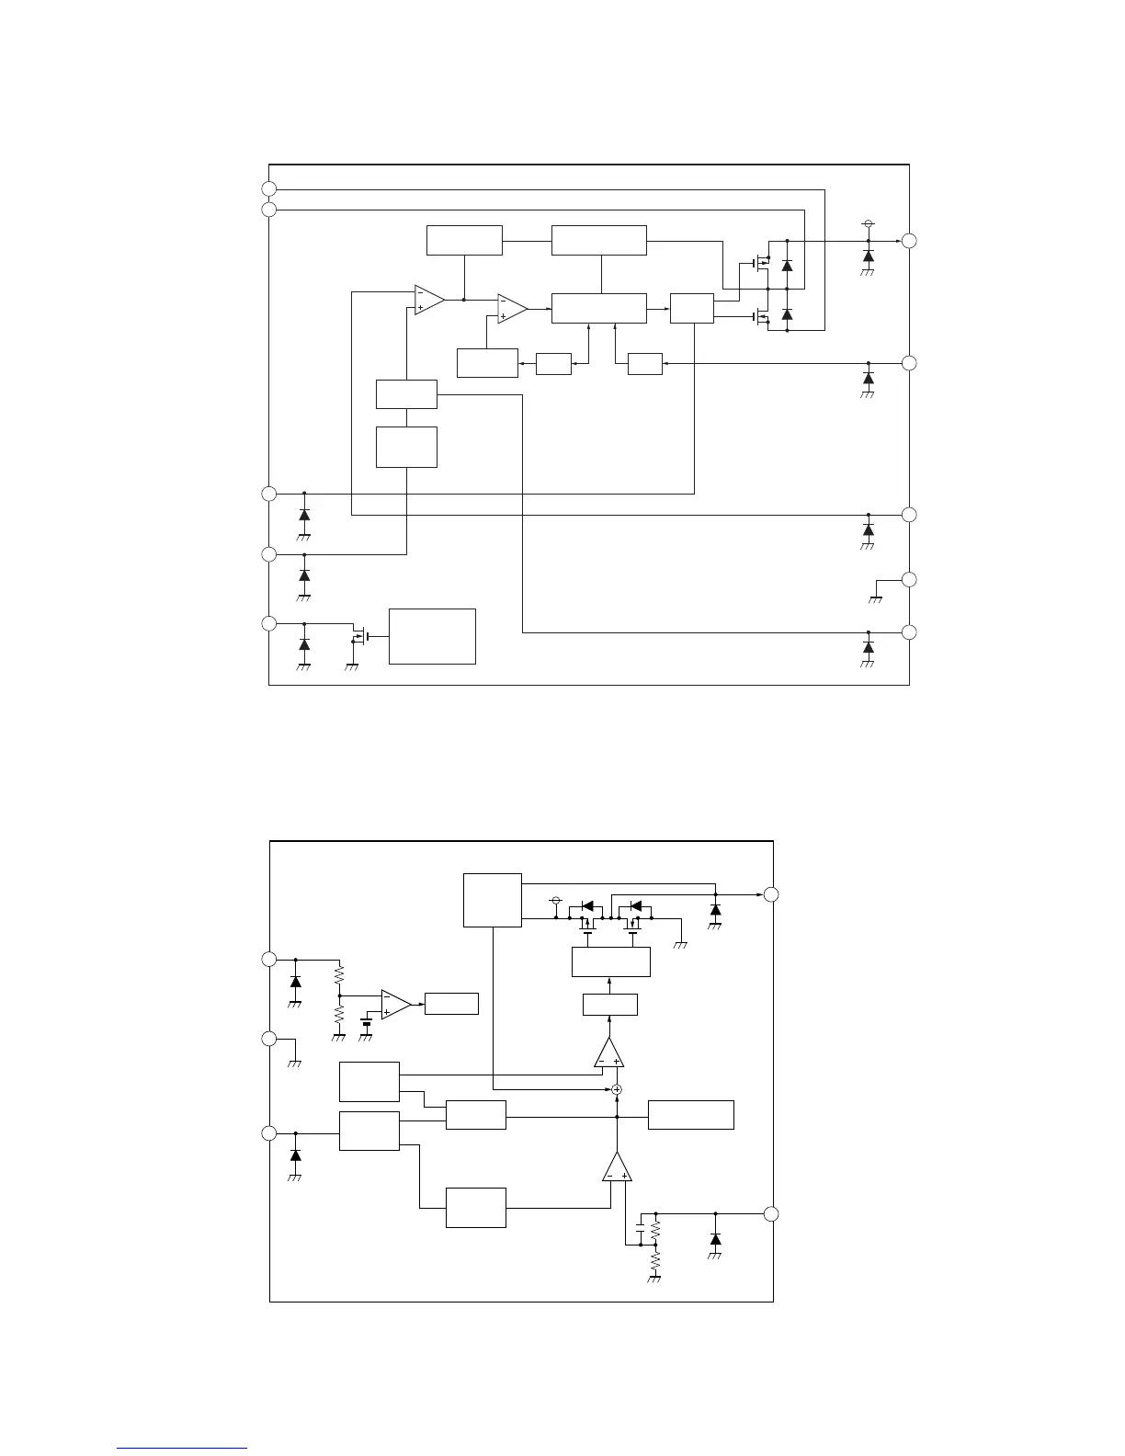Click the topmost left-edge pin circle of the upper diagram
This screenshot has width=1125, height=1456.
(268, 189)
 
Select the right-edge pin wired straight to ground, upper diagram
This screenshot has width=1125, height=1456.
(909, 579)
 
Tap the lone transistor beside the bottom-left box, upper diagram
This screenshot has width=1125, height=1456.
(361, 635)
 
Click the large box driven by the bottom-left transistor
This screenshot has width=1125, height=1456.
(432, 635)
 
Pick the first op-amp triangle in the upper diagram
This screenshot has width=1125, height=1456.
(428, 300)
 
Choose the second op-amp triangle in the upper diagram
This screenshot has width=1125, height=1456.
(512, 308)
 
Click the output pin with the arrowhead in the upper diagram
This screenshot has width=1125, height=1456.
(909, 241)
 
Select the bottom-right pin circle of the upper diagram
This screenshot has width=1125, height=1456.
(909, 632)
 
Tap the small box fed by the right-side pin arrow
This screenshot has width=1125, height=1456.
(645, 364)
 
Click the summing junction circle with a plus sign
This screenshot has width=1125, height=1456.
(617, 1089)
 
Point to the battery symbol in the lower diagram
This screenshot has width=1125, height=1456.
(367, 1023)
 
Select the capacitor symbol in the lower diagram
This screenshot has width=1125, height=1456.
(640, 1229)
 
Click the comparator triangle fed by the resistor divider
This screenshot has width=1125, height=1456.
(396, 1004)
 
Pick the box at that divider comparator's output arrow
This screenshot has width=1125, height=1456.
(451, 1004)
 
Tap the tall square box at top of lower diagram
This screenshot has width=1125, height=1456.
(493, 901)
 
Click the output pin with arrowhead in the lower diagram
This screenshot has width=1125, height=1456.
(772, 894)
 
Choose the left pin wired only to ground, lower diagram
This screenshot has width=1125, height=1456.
(268, 1039)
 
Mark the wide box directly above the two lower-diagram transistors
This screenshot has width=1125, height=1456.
(611, 961)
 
